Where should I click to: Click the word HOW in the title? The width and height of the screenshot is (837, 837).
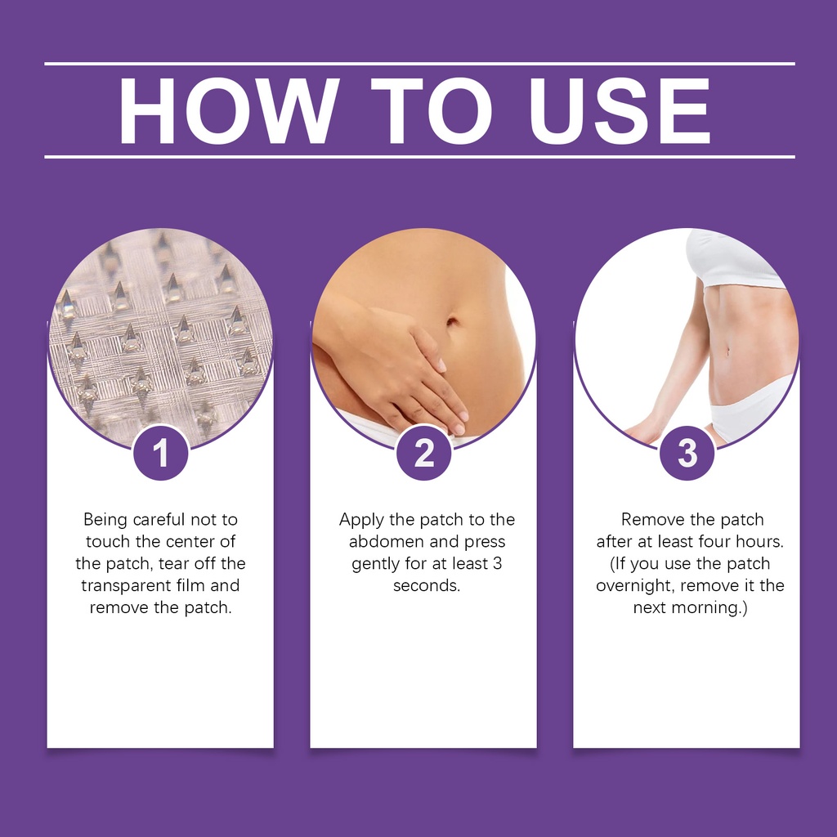click(x=229, y=111)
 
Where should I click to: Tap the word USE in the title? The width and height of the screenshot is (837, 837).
click(x=620, y=111)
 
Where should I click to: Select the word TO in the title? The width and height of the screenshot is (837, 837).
click(x=432, y=111)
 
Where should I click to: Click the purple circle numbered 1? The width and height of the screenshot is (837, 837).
click(x=161, y=453)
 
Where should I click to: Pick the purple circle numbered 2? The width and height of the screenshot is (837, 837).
click(x=424, y=453)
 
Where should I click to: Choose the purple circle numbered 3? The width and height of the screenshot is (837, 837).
click(x=687, y=453)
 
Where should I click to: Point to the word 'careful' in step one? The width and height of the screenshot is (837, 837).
click(x=159, y=519)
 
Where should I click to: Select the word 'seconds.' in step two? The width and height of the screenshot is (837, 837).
click(x=427, y=585)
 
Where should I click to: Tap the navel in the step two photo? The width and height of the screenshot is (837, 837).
click(x=452, y=322)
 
